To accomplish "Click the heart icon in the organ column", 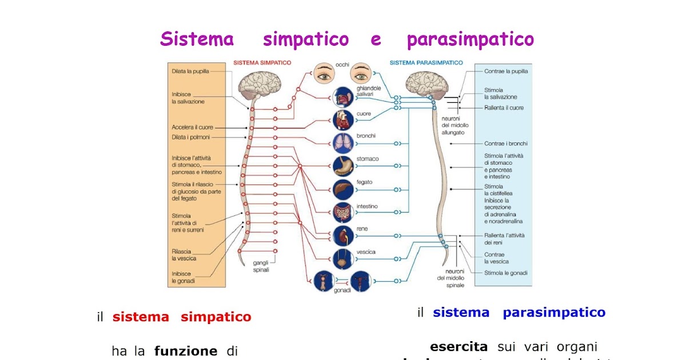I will point(343,120).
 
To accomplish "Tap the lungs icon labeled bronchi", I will point(343,143).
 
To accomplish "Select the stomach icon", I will point(343,166).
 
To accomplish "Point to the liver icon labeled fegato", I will point(343,189).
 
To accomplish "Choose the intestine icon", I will point(343,213).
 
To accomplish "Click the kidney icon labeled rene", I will point(343,235).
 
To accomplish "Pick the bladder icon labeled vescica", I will point(343,258).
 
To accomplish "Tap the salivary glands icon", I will point(343,96).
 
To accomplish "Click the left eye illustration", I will point(324,75).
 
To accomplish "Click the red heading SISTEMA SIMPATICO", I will point(262,62).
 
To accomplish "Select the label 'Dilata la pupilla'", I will point(190,71).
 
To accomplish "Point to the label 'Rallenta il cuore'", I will point(504,107).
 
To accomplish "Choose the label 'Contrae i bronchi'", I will point(505,143).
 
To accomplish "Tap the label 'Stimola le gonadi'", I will point(505,273).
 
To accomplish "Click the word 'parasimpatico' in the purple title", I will point(470,39).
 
